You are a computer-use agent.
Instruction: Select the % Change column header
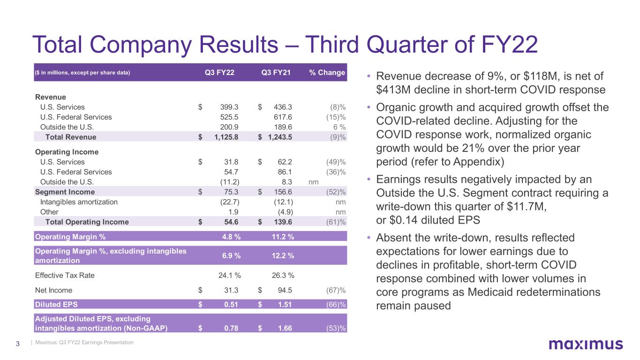click(x=327, y=73)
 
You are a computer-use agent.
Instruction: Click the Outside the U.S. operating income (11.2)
click(x=230, y=182)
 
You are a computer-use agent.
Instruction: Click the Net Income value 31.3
click(x=232, y=290)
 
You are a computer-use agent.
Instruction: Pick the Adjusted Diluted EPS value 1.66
click(x=284, y=328)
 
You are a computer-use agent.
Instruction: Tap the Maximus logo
click(x=586, y=345)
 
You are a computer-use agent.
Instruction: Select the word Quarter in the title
click(x=398, y=45)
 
